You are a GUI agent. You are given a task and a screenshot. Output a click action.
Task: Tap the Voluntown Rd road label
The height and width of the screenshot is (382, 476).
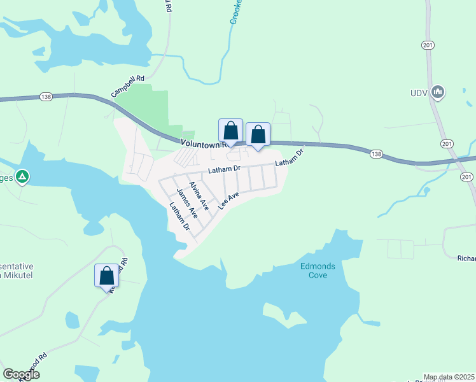(199, 144)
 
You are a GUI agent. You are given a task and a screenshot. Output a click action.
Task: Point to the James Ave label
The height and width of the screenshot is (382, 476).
(187, 204)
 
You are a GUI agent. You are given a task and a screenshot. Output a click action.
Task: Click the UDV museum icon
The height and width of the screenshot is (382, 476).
(438, 93)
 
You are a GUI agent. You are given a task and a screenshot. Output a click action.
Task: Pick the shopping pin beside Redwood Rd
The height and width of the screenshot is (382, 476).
(107, 276)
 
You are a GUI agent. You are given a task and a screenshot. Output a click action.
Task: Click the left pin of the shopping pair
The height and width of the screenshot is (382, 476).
(230, 131)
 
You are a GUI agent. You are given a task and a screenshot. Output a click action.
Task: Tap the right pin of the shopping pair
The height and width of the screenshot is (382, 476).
(258, 135)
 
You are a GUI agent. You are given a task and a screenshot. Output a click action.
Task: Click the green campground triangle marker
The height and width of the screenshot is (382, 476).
(22, 176)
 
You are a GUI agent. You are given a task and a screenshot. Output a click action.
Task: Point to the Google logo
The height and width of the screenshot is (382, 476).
(22, 374)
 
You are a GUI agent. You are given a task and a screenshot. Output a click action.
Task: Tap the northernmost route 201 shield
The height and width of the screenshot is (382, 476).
(427, 44)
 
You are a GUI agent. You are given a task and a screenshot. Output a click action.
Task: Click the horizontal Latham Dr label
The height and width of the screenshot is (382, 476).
(223, 169)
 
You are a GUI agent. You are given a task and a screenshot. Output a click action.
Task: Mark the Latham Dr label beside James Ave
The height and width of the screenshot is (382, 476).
(178, 216)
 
